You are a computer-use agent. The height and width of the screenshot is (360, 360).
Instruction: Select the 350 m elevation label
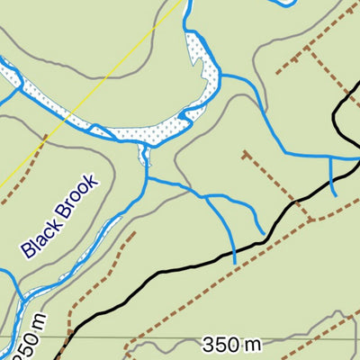230,345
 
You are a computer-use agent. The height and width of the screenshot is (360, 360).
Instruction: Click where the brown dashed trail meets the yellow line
42,142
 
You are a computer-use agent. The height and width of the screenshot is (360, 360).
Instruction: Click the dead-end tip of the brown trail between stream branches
243,152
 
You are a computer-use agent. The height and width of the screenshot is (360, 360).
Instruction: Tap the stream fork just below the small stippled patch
147,178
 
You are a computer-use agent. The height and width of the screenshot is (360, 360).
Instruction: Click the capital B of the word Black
28,252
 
